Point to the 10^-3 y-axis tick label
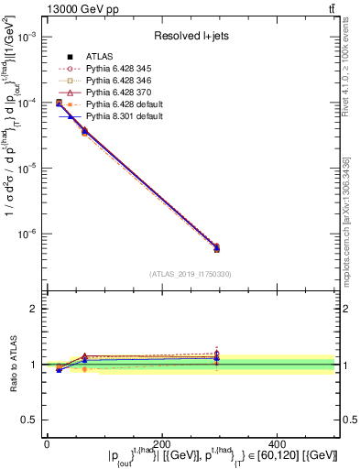pyautogui.click(x=27, y=37)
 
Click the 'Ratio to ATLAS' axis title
pyautogui.click(x=12, y=365)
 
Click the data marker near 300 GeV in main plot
pyautogui.click(x=216, y=247)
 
